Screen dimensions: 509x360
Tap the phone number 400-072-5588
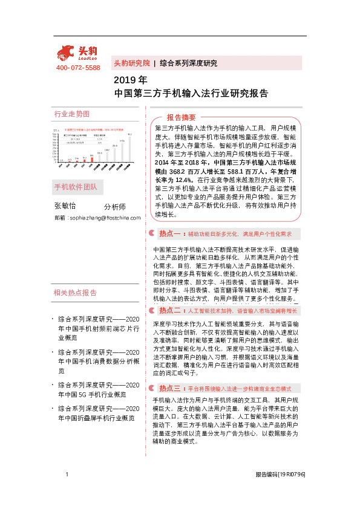tap(78, 68)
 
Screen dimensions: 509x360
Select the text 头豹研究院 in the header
tap(131, 63)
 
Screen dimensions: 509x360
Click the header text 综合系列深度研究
tap(188, 63)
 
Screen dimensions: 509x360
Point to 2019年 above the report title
tap(130, 80)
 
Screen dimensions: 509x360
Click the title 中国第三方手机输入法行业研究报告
tap(191, 94)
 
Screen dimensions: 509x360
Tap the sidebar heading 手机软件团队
tap(76, 186)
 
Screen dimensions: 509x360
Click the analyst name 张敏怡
tap(65, 206)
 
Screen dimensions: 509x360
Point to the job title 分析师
tap(115, 207)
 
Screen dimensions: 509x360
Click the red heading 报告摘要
tap(182, 117)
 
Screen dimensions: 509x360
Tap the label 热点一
tap(170, 233)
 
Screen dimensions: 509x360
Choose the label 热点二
tap(170, 311)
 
